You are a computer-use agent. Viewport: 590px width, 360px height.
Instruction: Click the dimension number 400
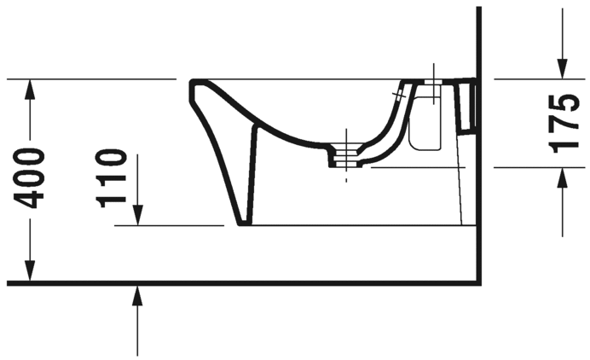click(31, 177)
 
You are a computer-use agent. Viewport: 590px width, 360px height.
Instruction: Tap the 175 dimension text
click(563, 124)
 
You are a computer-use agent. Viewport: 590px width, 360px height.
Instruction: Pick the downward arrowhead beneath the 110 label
click(137, 217)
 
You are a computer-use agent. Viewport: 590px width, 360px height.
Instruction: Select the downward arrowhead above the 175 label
click(563, 70)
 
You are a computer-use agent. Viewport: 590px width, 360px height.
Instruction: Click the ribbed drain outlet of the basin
click(345, 158)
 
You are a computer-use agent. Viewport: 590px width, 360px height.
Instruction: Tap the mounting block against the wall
click(467, 107)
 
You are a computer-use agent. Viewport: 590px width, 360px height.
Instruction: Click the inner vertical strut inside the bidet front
click(253, 171)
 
